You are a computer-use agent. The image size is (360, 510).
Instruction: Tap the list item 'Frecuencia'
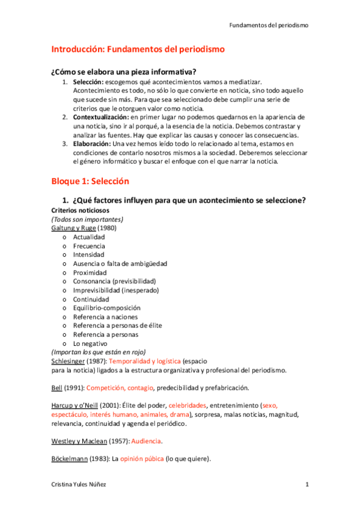pos(89,246)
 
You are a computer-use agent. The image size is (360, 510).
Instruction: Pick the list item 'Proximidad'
pos(90,272)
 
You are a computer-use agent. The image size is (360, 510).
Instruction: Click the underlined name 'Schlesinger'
pos(71,361)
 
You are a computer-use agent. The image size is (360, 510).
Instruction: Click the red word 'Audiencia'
pos(146,441)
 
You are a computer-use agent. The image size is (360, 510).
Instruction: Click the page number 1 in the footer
pos(307,484)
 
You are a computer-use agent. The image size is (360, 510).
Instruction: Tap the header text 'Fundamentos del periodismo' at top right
pos(269,26)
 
